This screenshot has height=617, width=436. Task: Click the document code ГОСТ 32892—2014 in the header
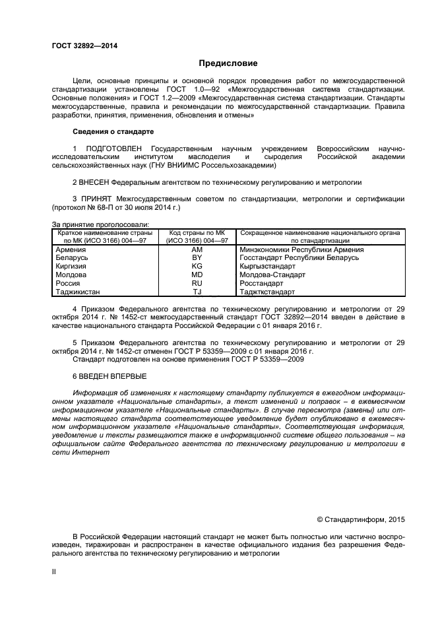[80, 46]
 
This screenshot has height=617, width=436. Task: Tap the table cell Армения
[70, 250]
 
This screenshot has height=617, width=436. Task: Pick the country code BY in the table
[197, 258]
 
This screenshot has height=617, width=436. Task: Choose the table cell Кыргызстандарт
[267, 267]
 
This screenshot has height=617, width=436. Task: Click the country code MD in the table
[197, 275]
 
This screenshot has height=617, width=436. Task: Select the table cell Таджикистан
[78, 291]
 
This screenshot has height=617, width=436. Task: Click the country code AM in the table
[197, 250]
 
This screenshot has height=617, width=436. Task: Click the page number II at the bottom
[54, 572]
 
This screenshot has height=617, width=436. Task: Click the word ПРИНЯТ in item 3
[95, 198]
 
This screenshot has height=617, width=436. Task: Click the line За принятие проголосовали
[100, 224]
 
